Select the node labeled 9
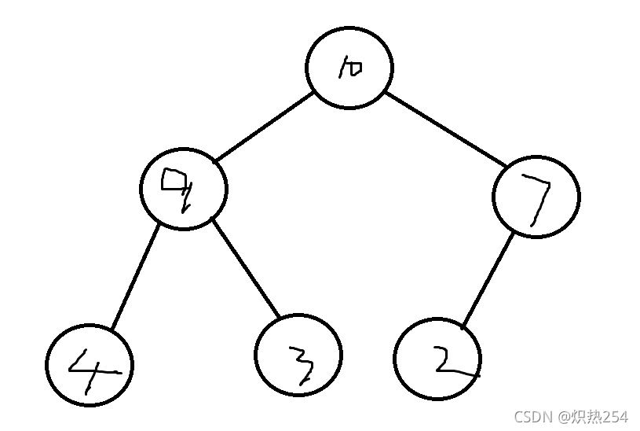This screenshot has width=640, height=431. click(184, 187)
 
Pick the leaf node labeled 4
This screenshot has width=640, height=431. click(89, 365)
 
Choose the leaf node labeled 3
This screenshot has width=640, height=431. click(299, 354)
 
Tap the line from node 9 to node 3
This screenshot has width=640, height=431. click(246, 270)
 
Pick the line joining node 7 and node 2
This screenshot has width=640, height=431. click(488, 278)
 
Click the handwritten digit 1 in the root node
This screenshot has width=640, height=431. click(342, 70)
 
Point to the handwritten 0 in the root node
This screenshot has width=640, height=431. click(354, 69)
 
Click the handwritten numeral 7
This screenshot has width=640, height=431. click(536, 201)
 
